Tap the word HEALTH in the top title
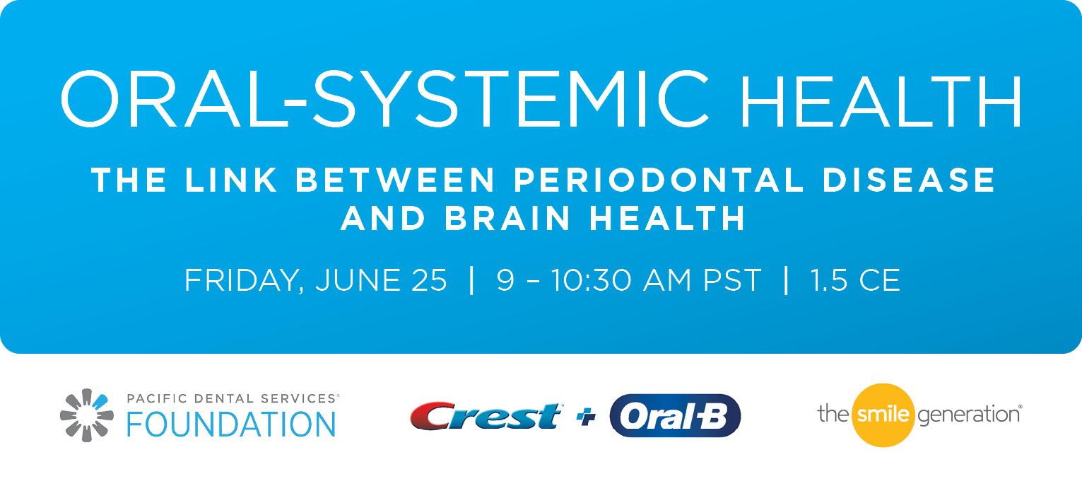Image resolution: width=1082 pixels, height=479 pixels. pyautogui.click(x=881, y=101)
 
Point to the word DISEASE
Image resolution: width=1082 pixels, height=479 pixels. pyautogui.click(x=909, y=180)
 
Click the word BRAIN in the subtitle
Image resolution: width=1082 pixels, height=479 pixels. pyautogui.click(x=507, y=218)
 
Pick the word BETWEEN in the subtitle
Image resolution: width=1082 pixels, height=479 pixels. pyautogui.click(x=395, y=180)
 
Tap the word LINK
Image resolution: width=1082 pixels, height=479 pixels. pyautogui.click(x=231, y=180)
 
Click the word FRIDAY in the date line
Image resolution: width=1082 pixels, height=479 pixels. pyautogui.click(x=244, y=280)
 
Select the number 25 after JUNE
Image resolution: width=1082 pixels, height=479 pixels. pyautogui.click(x=430, y=280)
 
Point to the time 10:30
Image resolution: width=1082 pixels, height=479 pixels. pyautogui.click(x=592, y=280)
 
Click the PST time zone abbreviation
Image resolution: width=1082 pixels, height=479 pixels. pyautogui.click(x=731, y=280)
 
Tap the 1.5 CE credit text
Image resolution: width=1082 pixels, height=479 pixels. pyautogui.click(x=855, y=280)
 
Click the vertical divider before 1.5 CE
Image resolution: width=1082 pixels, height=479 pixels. pyautogui.click(x=787, y=280)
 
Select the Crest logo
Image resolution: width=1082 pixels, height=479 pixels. pyautogui.click(x=486, y=416)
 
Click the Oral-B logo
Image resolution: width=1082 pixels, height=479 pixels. pyautogui.click(x=675, y=416)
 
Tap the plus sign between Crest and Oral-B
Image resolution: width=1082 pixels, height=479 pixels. pyautogui.click(x=586, y=417)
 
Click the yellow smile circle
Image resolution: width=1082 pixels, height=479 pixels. pyautogui.click(x=883, y=415)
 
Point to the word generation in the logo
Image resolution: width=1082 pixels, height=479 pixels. pyautogui.click(x=969, y=415)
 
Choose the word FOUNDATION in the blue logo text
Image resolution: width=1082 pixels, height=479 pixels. pyautogui.click(x=231, y=425)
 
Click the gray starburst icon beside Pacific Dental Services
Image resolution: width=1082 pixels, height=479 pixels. pyautogui.click(x=87, y=415)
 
